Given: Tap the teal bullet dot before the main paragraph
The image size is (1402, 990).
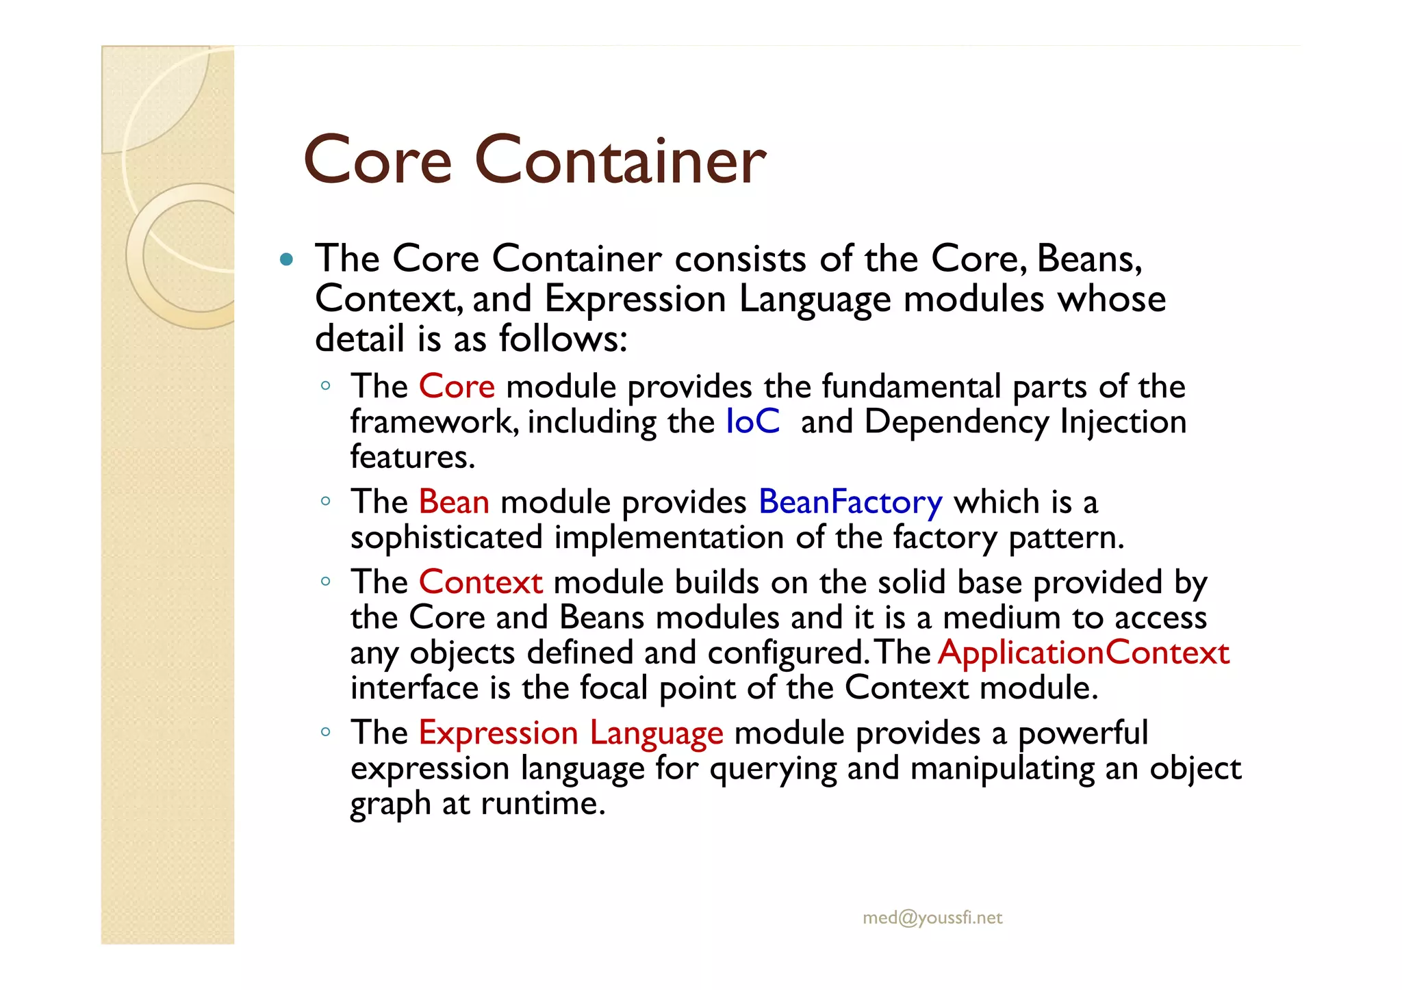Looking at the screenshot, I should (x=287, y=260).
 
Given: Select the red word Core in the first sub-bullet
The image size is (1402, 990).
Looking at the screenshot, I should (x=457, y=387).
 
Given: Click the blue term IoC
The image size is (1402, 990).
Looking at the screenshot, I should (x=752, y=421).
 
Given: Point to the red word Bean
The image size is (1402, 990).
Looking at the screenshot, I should (x=454, y=502).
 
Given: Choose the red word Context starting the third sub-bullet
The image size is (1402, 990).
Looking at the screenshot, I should (x=481, y=583).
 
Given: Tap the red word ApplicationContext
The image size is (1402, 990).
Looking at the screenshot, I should (x=1084, y=653).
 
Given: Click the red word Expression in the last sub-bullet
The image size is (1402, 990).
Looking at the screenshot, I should (x=498, y=734).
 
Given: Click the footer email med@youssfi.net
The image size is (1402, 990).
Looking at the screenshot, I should (x=932, y=918).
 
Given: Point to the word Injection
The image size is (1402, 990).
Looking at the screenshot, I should (x=1123, y=422).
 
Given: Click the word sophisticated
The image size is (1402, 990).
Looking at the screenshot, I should (x=446, y=538).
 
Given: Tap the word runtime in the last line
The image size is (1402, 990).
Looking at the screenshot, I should (x=543, y=803).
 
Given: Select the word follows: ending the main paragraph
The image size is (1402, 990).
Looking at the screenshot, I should (x=563, y=339).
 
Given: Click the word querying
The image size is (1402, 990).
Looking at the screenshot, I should (x=773, y=769).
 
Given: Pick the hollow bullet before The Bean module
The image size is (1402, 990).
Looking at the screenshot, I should (x=326, y=501).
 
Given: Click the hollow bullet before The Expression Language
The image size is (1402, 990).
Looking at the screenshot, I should (x=326, y=732).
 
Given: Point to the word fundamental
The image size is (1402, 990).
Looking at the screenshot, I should (x=911, y=387).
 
